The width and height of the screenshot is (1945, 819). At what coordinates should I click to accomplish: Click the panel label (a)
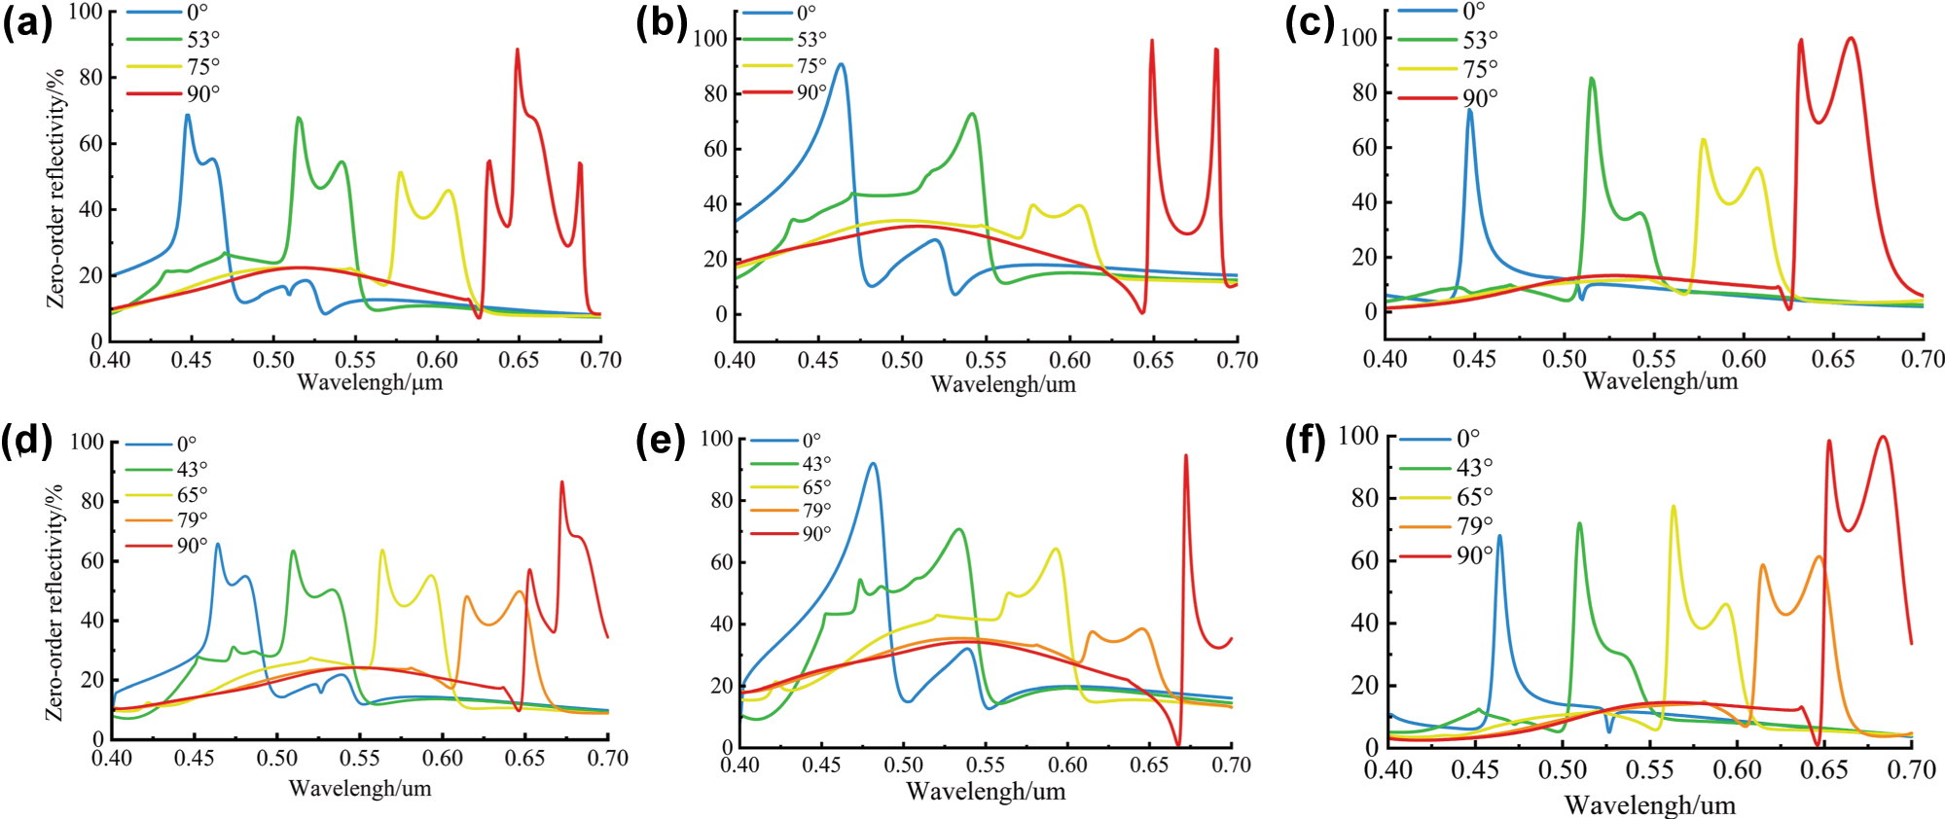coord(27,23)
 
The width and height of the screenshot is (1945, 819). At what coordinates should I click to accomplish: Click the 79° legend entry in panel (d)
coord(192,520)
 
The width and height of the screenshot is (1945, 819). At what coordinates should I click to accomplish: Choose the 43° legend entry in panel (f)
coord(1474,468)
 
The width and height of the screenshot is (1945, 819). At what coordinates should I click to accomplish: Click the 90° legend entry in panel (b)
coord(811,92)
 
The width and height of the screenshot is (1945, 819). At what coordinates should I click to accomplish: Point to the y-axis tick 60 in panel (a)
coord(90,143)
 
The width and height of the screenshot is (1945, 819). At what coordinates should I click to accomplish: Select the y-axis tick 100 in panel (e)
coord(716,439)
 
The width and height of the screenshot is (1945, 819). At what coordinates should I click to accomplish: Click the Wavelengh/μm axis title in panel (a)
coord(370,382)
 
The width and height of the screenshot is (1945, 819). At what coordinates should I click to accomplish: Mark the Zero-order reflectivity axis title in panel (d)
coord(55,603)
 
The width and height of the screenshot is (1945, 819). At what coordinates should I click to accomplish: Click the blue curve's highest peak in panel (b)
coord(841,65)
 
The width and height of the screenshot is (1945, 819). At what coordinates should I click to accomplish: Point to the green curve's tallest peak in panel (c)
coord(1592,79)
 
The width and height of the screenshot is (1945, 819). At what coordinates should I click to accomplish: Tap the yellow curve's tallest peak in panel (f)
coord(1674,506)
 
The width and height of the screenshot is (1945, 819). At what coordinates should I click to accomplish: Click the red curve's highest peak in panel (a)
coord(517,50)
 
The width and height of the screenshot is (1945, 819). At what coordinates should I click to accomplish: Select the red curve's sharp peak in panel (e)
coord(1185,455)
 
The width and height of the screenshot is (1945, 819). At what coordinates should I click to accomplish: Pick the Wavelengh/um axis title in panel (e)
coord(986,792)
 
